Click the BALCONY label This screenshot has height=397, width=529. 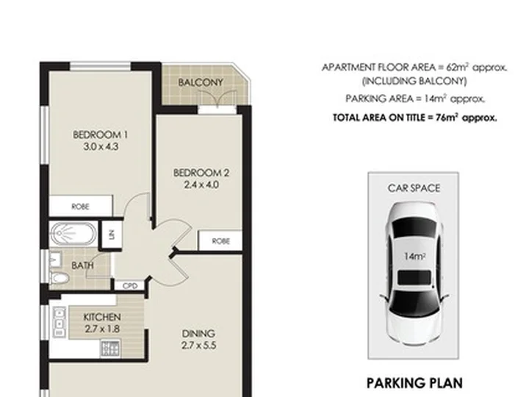point(201,82)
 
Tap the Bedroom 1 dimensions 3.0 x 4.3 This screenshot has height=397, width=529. point(101,147)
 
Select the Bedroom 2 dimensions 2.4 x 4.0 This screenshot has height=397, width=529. point(201,185)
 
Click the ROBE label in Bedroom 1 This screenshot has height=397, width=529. point(80,207)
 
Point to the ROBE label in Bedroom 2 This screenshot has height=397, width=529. point(220,241)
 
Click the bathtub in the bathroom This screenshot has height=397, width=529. point(73,234)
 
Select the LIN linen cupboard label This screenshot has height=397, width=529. point(112,234)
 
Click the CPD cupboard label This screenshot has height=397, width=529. point(130,286)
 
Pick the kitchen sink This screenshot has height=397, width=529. point(59,322)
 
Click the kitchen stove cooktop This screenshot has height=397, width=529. point(110,348)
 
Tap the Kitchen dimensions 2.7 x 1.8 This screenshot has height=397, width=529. point(102,329)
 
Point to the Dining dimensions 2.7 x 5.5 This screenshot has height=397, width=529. point(198,346)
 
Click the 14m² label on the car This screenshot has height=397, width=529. point(414,257)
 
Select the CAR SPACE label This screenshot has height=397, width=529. point(414,188)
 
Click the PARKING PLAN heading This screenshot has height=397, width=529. point(414,383)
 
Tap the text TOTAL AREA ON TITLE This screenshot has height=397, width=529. point(379,118)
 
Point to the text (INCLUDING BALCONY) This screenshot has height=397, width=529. point(414,82)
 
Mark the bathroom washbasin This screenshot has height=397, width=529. point(55,260)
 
